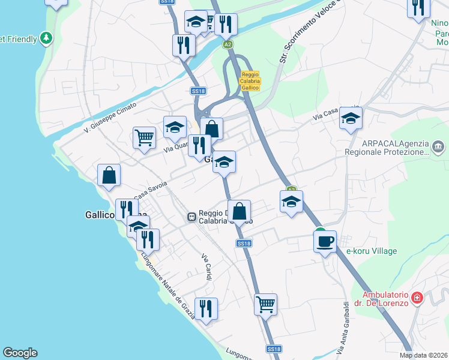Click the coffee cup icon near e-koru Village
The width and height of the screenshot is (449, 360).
[325, 241]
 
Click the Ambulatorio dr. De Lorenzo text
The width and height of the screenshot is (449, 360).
[385, 298]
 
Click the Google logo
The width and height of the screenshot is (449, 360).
[20, 353]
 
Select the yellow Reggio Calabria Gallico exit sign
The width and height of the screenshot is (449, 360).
[250, 81]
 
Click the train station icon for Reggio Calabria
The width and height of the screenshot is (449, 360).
[191, 216]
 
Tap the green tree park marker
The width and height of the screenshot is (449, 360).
[46, 38]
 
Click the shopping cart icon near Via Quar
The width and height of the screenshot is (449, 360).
[144, 137]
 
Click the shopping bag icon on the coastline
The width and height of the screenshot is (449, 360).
[109, 175]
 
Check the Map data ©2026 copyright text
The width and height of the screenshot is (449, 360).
[423, 355]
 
